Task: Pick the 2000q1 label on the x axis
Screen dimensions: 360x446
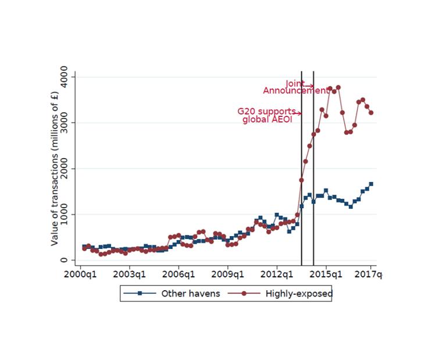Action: pos(80,273)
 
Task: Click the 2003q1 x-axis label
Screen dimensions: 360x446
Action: pos(130,273)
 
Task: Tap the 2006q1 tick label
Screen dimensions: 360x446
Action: pos(179,273)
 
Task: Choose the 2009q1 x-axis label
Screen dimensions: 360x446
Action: pos(228,273)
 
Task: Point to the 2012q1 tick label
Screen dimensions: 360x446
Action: pos(277,273)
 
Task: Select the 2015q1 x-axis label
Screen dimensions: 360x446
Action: pos(326,273)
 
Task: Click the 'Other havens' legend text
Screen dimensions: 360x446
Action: pos(191,294)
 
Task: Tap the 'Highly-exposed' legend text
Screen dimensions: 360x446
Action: pos(299,294)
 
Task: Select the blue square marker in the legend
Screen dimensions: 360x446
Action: pos(140,294)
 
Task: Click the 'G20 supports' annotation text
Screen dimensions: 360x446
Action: pos(266,111)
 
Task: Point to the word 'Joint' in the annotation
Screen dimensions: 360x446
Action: pos(294,83)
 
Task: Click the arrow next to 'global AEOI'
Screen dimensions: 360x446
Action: pos(298,113)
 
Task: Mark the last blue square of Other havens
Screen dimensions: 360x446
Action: pos(371,184)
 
